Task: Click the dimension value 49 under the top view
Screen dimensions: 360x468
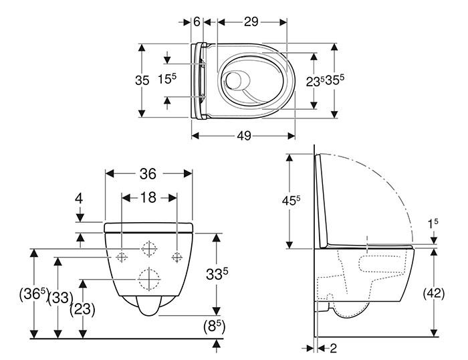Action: click(243, 136)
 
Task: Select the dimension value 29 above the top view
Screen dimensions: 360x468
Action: click(251, 21)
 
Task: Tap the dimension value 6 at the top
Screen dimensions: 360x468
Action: click(197, 21)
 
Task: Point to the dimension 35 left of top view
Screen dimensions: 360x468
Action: click(142, 80)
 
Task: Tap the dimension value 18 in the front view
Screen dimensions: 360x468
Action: click(148, 198)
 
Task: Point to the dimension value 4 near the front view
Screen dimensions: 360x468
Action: click(78, 199)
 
